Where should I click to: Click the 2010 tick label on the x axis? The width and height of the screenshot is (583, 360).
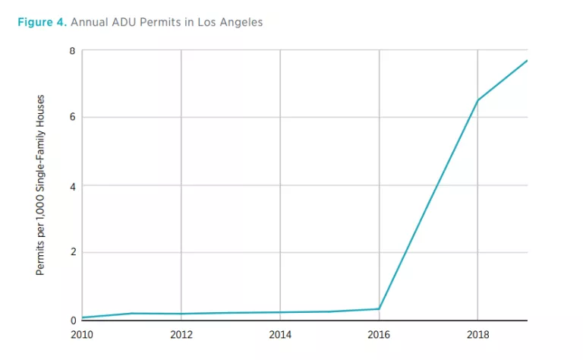tap(82, 333)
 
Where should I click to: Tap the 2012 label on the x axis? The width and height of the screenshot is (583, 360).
tap(181, 333)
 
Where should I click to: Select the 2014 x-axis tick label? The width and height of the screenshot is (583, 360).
tap(280, 333)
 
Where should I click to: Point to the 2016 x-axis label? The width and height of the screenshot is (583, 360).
tap(379, 333)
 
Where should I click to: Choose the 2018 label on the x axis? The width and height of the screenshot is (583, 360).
tap(477, 333)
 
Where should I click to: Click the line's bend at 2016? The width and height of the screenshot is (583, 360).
tap(379, 308)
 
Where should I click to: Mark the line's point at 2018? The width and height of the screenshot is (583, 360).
tap(477, 100)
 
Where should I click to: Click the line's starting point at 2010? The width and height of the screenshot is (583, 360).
tap(83, 317)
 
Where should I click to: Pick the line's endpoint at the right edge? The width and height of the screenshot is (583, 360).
tap(527, 61)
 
